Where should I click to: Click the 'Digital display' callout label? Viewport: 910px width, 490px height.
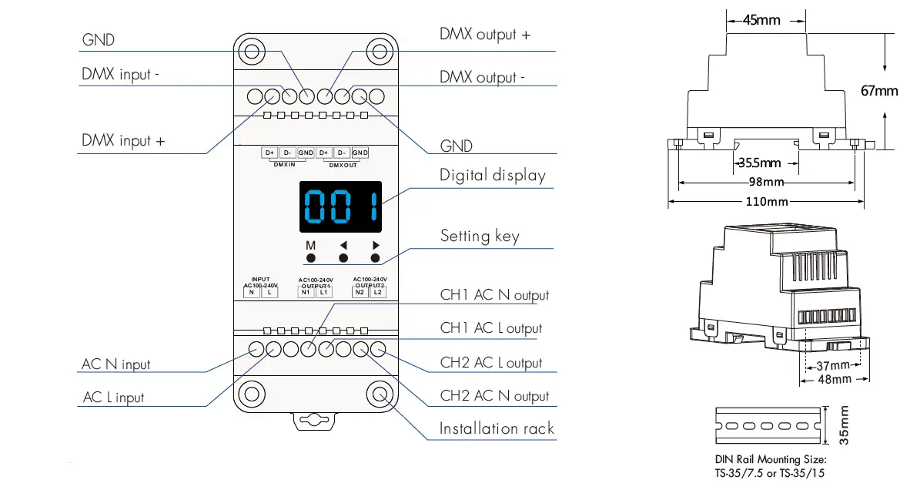click(492, 176)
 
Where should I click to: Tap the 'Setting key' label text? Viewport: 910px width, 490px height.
click(479, 236)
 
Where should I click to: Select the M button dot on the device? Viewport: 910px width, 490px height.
click(311, 259)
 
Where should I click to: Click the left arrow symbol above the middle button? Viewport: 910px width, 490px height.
click(343, 246)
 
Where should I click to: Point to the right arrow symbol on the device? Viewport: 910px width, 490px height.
click(376, 246)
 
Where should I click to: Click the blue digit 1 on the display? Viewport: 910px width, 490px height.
click(372, 206)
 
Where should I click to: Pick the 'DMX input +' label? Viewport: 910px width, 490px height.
click(123, 141)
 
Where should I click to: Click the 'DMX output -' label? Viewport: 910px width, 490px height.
click(482, 78)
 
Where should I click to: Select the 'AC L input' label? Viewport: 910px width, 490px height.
click(113, 398)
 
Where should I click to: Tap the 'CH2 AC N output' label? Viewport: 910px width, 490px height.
click(494, 396)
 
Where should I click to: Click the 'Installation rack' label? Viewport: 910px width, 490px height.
click(496, 428)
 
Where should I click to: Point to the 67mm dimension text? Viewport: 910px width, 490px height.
click(878, 91)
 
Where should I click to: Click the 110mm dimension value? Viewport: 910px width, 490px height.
click(767, 202)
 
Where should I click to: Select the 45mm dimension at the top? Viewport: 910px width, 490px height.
click(761, 20)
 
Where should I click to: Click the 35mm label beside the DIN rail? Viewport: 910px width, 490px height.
click(844, 425)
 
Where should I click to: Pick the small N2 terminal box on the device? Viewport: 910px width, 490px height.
click(360, 292)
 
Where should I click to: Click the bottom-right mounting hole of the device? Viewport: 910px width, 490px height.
click(380, 394)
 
